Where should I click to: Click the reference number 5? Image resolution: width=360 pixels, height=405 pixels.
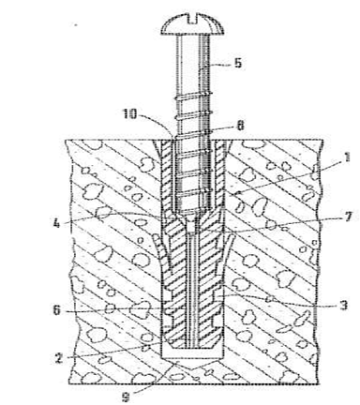pyautogui.click(x=238, y=63)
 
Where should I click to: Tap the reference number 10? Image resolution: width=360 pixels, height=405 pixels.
pyautogui.click(x=129, y=114)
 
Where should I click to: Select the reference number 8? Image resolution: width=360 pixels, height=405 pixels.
pyautogui.click(x=240, y=126)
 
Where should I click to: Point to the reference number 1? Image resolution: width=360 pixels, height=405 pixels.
pyautogui.click(x=347, y=157)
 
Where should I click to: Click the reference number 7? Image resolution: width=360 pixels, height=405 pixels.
pyautogui.click(x=348, y=217)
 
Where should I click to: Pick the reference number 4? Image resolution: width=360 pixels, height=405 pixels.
pyautogui.click(x=56, y=224)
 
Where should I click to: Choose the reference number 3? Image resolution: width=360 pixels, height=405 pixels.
pyautogui.click(x=344, y=305)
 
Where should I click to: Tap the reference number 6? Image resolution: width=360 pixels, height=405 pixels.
pyautogui.click(x=56, y=311)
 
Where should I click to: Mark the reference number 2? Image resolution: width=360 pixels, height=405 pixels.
pyautogui.click(x=58, y=358)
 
